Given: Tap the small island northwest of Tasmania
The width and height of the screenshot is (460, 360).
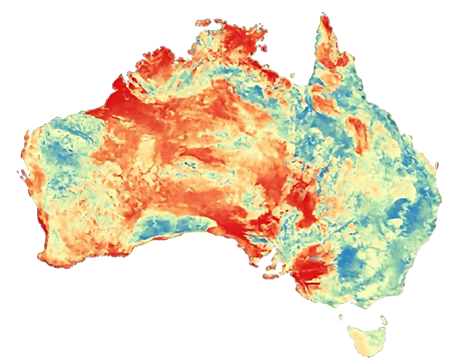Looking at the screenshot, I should [341, 317].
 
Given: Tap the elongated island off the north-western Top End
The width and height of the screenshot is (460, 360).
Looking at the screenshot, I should [203, 22].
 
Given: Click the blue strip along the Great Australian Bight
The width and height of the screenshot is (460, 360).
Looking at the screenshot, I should [170, 226].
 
